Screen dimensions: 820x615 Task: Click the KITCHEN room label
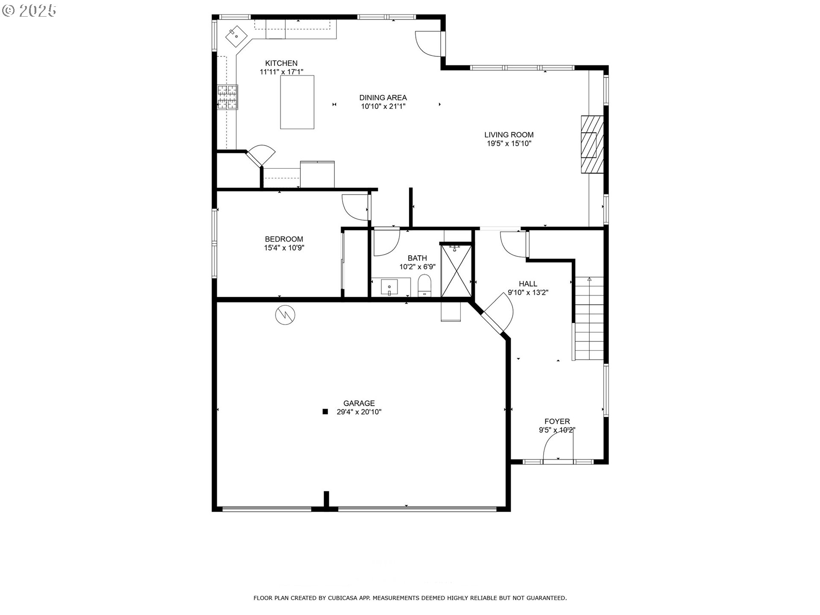[x=281, y=63]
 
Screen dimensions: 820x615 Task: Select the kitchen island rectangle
[x=297, y=102]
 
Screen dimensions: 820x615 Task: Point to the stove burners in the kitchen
[x=227, y=97]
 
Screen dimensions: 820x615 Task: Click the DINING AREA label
[x=383, y=97]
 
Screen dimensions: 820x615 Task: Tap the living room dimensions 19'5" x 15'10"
[x=509, y=143]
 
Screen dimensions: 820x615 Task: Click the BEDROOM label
[x=284, y=239]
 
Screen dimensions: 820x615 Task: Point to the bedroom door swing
[x=355, y=207]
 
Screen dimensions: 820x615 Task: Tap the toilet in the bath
[x=425, y=285]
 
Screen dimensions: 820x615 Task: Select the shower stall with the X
[x=456, y=270]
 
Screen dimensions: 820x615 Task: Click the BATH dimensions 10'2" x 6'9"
[x=417, y=267]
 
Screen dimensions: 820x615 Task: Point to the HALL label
[x=528, y=284]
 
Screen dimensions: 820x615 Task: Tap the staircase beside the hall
[x=589, y=319]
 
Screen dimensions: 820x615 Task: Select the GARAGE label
[x=359, y=403]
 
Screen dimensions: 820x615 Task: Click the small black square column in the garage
[x=325, y=412]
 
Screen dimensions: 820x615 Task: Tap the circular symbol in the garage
[x=285, y=315]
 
